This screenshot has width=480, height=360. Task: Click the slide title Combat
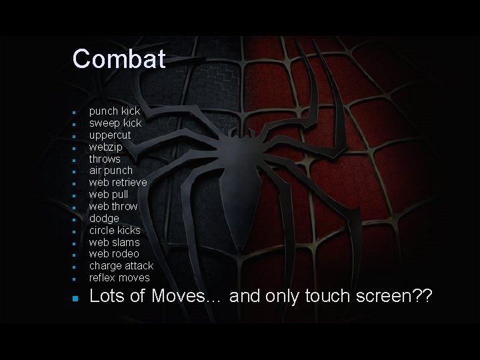119,59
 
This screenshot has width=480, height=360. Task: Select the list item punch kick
115,111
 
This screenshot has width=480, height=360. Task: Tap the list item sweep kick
115,123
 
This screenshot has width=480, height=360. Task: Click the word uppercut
110,135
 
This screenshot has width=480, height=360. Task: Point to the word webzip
106,147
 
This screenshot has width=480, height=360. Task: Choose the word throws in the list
105,159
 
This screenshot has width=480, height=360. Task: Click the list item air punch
111,171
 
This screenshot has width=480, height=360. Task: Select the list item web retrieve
118,183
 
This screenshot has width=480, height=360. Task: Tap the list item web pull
108,195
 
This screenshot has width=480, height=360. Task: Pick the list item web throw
113,207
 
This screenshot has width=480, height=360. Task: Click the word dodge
104,218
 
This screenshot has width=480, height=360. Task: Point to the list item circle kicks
115,230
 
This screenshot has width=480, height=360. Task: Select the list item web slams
115,242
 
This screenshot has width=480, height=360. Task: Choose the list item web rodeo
114,254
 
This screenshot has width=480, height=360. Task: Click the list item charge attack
121,266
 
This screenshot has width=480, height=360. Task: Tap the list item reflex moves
119,278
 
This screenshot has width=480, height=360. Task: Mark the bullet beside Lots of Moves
76,297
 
